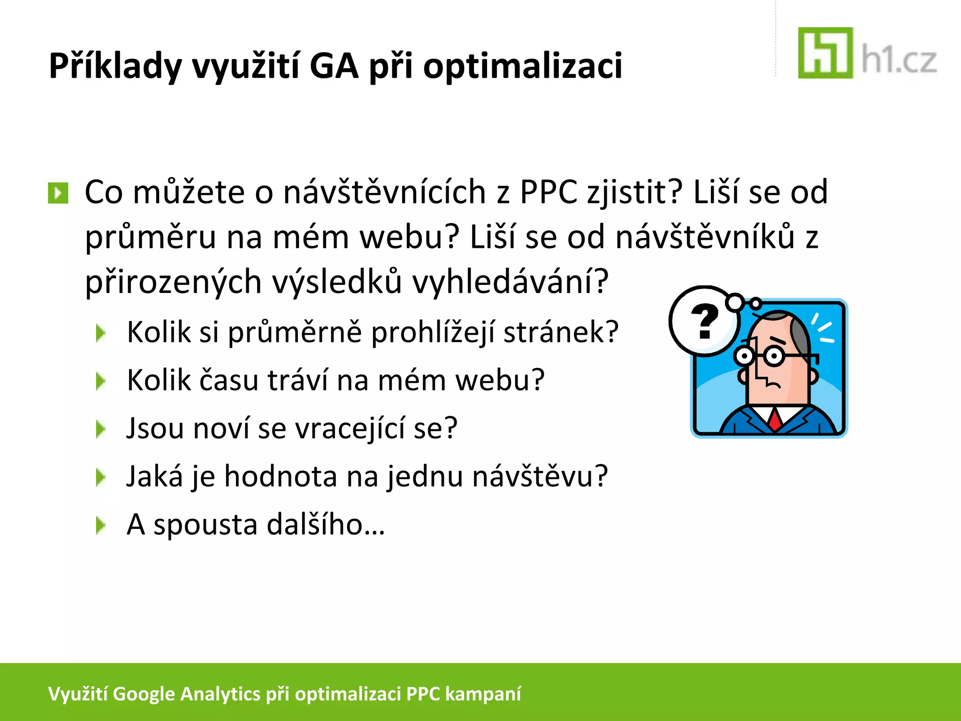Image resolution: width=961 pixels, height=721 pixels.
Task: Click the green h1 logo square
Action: tap(825, 53)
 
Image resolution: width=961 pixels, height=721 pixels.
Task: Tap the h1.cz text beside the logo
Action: tap(899, 61)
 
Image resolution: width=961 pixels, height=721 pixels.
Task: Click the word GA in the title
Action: tap(334, 66)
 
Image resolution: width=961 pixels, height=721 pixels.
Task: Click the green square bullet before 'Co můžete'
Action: tap(58, 193)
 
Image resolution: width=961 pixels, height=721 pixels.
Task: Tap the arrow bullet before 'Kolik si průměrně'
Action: tap(100, 333)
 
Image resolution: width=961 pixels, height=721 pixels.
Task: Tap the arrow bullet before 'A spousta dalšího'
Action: tap(100, 526)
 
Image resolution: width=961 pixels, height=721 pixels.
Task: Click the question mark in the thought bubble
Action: tap(704, 321)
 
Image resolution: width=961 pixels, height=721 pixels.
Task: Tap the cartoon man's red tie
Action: tap(775, 419)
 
